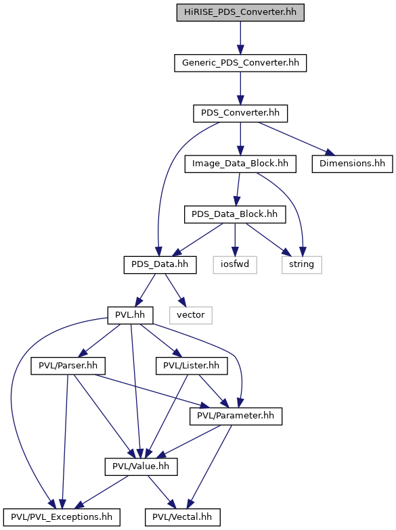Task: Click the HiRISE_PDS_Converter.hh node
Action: click(x=240, y=12)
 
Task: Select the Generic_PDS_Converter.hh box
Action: click(x=240, y=63)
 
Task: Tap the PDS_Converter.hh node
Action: click(x=240, y=114)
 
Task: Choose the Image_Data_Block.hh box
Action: click(x=240, y=164)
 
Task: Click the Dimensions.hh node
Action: click(x=352, y=164)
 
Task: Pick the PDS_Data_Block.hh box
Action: click(x=235, y=214)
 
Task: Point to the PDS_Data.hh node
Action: click(x=160, y=265)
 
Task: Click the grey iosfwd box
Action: click(x=235, y=265)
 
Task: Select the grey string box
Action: click(x=302, y=265)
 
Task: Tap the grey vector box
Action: click(x=191, y=315)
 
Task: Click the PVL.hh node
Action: click(x=130, y=315)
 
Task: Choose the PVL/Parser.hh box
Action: click(x=68, y=366)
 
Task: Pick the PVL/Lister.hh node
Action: click(x=192, y=366)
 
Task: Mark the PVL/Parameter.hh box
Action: click(x=236, y=416)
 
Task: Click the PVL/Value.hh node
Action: click(x=141, y=466)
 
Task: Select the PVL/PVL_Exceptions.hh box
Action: click(x=62, y=517)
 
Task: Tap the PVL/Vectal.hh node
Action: click(x=183, y=517)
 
